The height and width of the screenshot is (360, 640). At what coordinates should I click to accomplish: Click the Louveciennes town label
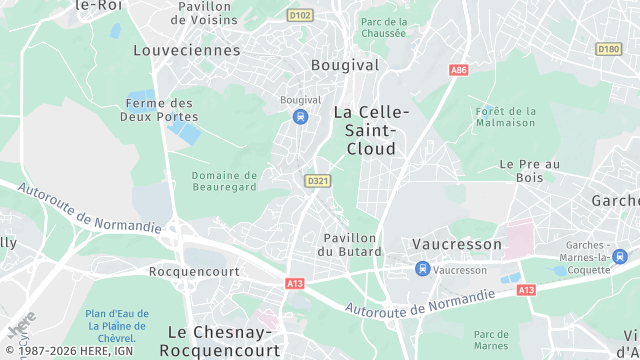click(187, 50)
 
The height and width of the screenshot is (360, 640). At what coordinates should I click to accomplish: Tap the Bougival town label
click(345, 65)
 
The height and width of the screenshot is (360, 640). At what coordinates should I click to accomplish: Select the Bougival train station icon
click(300, 117)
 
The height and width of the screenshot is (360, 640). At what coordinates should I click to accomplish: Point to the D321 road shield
click(317, 180)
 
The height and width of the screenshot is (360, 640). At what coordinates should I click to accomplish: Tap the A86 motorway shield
click(459, 70)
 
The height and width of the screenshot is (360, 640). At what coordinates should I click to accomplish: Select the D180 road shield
click(608, 48)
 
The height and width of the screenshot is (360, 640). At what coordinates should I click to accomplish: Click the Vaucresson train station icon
click(423, 269)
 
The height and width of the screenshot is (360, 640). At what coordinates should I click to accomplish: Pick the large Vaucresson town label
click(457, 244)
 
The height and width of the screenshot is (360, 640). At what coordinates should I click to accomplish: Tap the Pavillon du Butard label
click(349, 245)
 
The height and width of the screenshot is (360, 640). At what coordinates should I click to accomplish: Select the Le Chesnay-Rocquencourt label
click(224, 340)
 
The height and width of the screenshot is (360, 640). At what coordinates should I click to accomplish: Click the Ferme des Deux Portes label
click(161, 110)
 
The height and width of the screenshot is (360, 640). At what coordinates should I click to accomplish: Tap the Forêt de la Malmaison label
click(507, 117)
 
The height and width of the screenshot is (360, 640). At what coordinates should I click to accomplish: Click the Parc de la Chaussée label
click(384, 27)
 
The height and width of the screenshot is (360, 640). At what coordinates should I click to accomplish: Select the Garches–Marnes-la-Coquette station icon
click(559, 270)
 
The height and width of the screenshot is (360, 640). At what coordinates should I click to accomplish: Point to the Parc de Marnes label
click(492, 340)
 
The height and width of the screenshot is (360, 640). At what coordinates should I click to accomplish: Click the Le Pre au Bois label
click(529, 171)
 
